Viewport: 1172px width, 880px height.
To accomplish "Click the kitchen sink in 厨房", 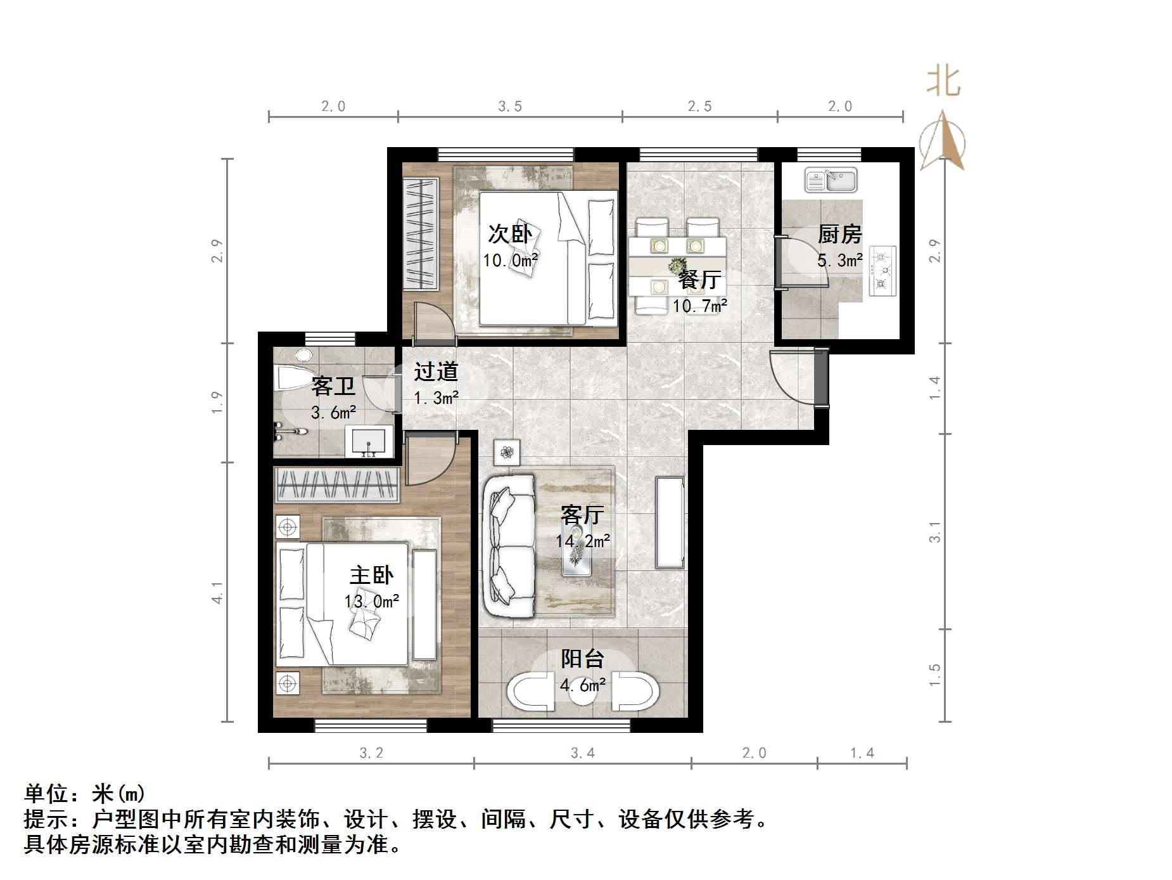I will pyautogui.click(x=831, y=179).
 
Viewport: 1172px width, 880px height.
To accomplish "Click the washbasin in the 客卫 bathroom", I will pyautogui.click(x=367, y=441).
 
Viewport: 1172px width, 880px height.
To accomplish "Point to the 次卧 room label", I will pyautogui.click(x=509, y=234).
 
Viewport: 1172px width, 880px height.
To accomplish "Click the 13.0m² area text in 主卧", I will pyautogui.click(x=372, y=601).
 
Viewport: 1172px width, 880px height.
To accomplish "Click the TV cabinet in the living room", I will pyautogui.click(x=670, y=522).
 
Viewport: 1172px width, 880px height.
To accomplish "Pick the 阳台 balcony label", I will pyautogui.click(x=582, y=659).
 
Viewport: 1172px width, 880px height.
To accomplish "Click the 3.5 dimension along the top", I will pyautogui.click(x=509, y=107).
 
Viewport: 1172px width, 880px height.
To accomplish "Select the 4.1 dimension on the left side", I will pyautogui.click(x=217, y=592).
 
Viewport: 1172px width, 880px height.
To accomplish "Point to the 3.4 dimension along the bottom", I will pyautogui.click(x=582, y=753).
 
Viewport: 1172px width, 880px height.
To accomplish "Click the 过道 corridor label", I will pyautogui.click(x=436, y=372).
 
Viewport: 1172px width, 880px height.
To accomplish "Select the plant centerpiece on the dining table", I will pyautogui.click(x=678, y=264).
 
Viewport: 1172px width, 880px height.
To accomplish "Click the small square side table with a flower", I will pyautogui.click(x=506, y=452).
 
